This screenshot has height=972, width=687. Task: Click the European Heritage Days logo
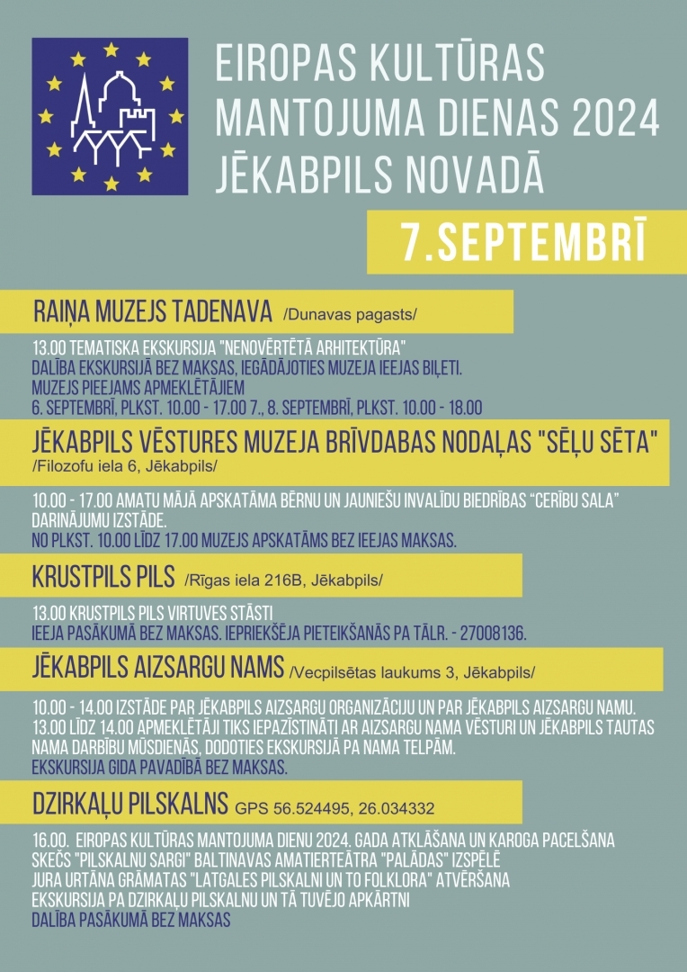110,115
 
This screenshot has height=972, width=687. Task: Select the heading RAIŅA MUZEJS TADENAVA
153,311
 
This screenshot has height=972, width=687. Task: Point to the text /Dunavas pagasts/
351,314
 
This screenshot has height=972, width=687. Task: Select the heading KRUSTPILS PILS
104,576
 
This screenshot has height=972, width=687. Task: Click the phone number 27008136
493,633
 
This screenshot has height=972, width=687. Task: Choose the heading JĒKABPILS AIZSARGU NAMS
158,669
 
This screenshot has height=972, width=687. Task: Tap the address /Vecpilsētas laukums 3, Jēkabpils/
412,671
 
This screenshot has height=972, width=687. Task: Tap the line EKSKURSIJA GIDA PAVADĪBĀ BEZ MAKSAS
158,768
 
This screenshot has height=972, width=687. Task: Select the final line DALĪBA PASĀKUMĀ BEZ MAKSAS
130,920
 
